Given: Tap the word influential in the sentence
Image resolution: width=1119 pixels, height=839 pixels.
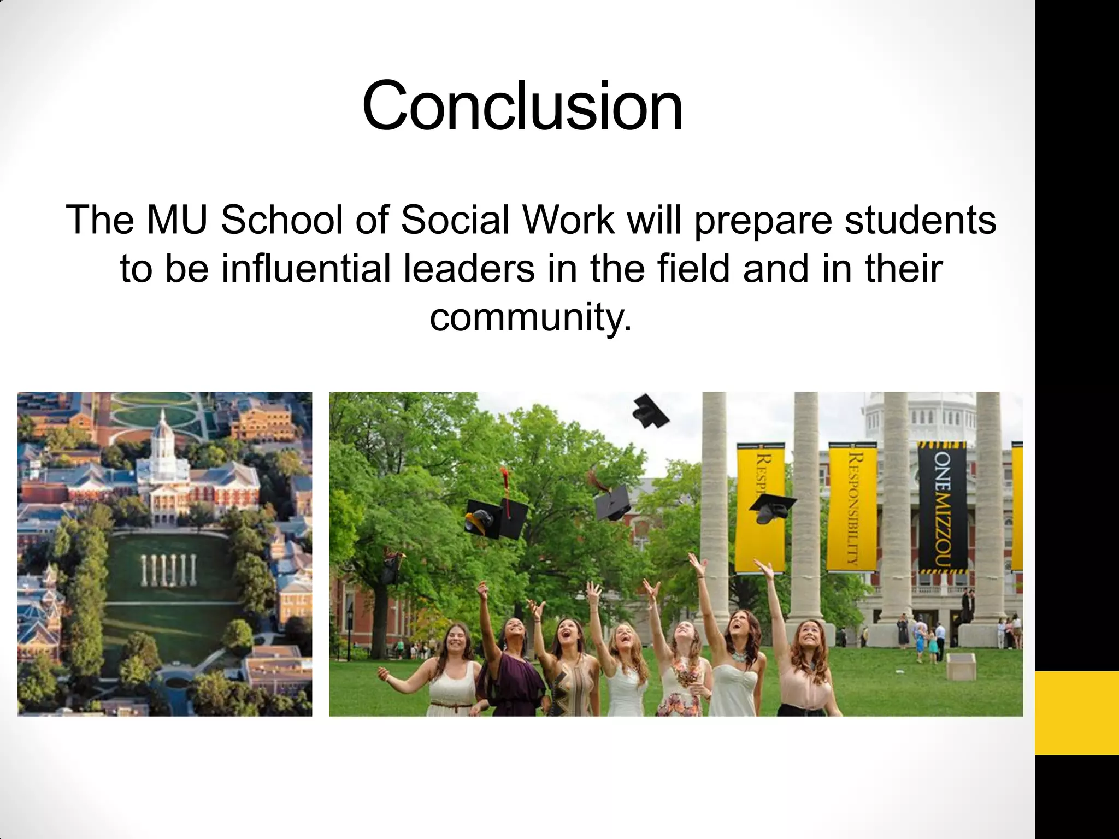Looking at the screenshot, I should [305, 269].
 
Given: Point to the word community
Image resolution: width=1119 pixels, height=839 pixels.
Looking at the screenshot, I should [531, 317].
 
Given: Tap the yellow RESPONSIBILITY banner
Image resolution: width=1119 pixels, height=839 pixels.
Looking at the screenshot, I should [852, 508].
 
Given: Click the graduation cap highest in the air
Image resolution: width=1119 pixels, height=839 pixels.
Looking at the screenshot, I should [650, 411].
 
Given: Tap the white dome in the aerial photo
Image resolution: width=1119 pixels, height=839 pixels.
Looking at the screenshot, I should [164, 437].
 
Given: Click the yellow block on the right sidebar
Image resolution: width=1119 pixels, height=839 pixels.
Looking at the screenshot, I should [1076, 713].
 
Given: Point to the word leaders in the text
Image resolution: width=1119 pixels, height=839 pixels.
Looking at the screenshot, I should [469, 269].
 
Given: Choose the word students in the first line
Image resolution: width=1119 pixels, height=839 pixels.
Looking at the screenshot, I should [920, 220].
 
